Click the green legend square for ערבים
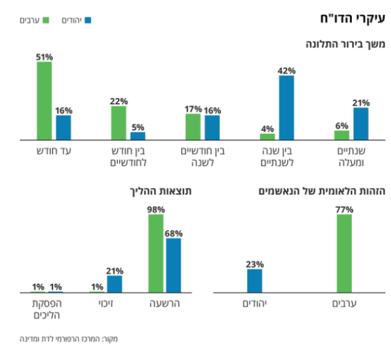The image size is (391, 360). coord(45,21)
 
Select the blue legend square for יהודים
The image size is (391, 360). coord(88,21)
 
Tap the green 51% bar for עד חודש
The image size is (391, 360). coord(44,101)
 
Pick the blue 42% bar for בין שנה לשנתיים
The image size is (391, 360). coord(286,108)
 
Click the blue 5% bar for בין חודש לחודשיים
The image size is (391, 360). coord(138,136)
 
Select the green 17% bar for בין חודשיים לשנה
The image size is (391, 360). coord(193,127)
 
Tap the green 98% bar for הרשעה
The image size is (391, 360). coord(156,253)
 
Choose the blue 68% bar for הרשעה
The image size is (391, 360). coord(173,265)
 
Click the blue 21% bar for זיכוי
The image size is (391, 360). coord(115,284)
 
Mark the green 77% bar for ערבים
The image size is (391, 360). coord(343,253)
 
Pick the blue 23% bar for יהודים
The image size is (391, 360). coord(254,280)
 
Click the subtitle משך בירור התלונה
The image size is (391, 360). coord(347,44)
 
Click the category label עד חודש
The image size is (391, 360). coord(54,151)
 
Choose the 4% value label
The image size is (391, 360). coord(267,128)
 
